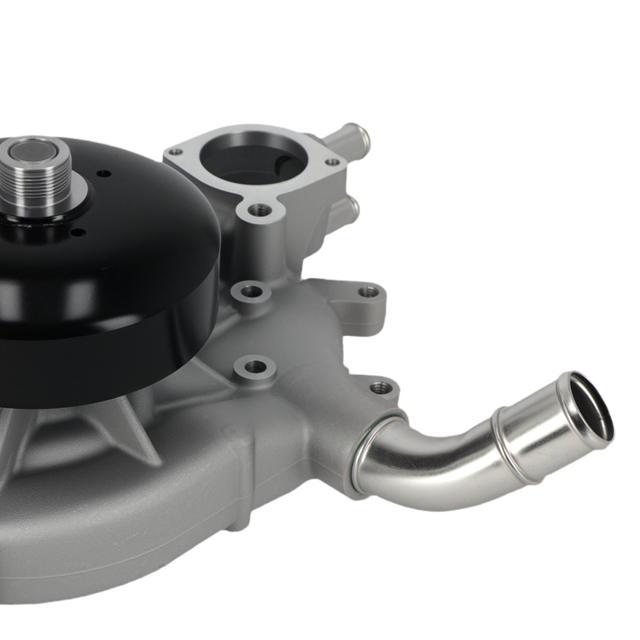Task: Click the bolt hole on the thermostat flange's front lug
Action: [x=259, y=209]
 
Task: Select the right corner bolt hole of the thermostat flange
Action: [x=333, y=162]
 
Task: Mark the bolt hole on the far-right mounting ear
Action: [x=368, y=292]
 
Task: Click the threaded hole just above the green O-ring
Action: [x=380, y=387]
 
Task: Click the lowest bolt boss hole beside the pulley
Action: [x=255, y=367]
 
